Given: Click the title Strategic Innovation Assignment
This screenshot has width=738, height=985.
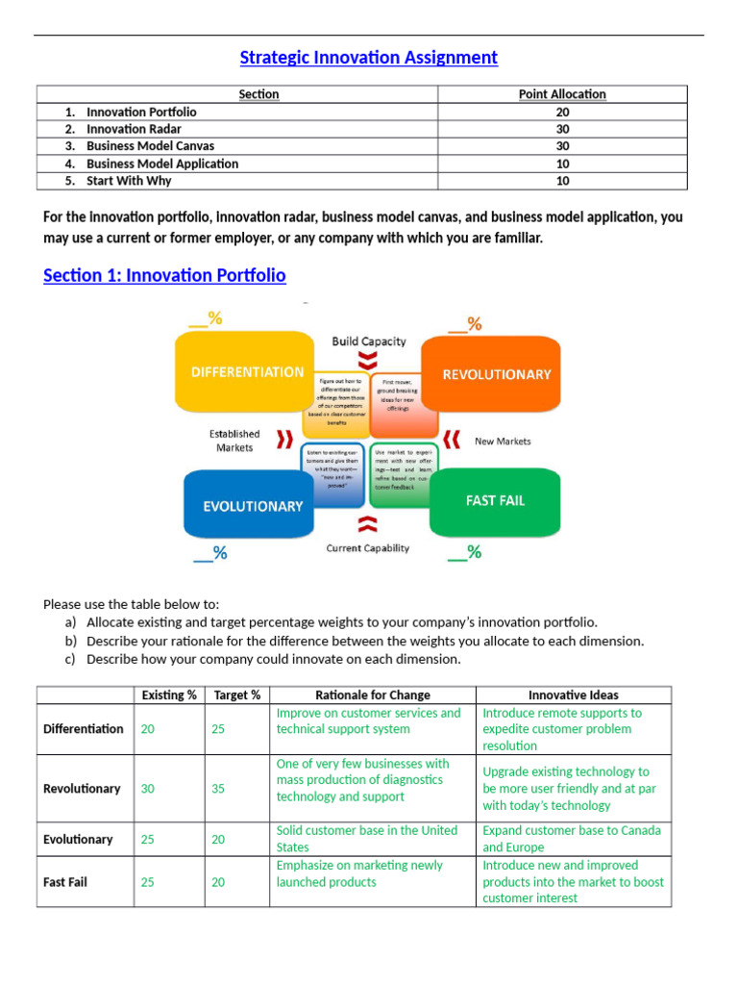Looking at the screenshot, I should coord(368,58).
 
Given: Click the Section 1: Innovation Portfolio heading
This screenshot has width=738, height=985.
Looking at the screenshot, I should coord(164,276).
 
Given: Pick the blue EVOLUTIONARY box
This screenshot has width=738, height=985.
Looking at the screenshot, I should coord(253,506).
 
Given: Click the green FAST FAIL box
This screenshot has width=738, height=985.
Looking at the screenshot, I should coord(495,500).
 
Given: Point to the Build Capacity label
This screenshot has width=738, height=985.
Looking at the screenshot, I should coord(369,341).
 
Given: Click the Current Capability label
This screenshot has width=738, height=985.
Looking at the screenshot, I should coord(368,548).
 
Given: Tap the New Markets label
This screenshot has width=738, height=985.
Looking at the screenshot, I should coord(503,442).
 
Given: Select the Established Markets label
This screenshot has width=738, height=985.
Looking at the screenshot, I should coord(234,441).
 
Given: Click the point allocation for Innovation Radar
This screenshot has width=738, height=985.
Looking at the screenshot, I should coord(562,129).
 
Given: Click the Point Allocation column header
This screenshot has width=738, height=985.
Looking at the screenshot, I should coord(562,94).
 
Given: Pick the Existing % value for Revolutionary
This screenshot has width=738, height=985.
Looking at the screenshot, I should coord(147,789).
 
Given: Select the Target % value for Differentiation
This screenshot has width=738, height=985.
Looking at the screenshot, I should coord(218,729).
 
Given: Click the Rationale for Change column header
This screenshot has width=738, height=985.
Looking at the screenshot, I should coord(373,695).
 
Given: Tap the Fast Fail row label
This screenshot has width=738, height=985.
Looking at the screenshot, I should coord(65,882).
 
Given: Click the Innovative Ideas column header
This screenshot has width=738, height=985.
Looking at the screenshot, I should coord(573,695).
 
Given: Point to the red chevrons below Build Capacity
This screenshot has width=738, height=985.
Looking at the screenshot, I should coord(368,361).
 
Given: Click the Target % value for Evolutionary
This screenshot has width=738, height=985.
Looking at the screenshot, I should coord(218,840).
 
